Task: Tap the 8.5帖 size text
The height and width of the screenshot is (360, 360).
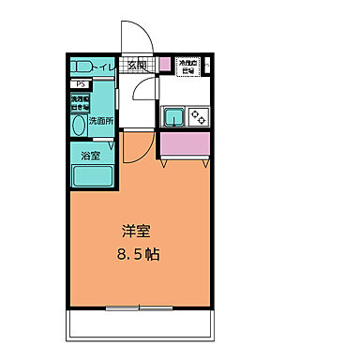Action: point(138,253)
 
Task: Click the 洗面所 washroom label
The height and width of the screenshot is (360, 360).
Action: point(100,121)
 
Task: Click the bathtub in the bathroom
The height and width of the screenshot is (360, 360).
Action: point(91,174)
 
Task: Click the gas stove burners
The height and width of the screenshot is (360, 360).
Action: point(199,117)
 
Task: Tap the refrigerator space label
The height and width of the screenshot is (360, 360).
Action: point(188,66)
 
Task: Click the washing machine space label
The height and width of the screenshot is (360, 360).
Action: point(80,102)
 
